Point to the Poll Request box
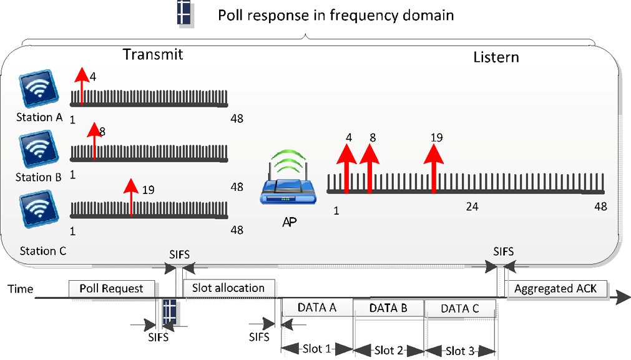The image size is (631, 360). (111, 288)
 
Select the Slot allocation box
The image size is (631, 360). (229, 288)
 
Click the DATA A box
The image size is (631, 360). (317, 307)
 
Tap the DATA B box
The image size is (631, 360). (388, 308)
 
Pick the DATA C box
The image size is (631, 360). (460, 308)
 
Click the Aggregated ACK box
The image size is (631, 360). (555, 288)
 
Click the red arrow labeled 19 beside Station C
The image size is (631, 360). (130, 197)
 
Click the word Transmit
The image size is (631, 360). (153, 54)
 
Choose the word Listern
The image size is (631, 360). (496, 57)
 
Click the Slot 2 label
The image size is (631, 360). (388, 350)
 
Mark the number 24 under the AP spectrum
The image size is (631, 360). (472, 207)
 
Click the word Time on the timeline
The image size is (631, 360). (20, 289)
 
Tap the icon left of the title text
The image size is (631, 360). (183, 13)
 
